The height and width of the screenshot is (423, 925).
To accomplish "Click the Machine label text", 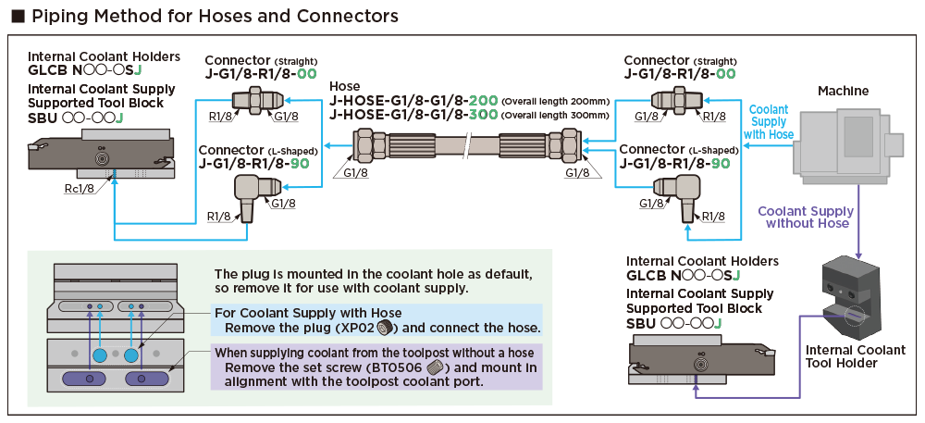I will click(x=843, y=90).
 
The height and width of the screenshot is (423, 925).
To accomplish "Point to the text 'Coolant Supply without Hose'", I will click(x=804, y=217).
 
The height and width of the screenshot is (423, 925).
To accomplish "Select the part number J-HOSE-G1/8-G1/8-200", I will click(x=414, y=101).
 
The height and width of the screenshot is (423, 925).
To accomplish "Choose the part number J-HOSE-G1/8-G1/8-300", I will click(x=414, y=116).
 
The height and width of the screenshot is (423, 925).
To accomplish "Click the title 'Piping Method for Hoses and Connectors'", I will click(x=213, y=17).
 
